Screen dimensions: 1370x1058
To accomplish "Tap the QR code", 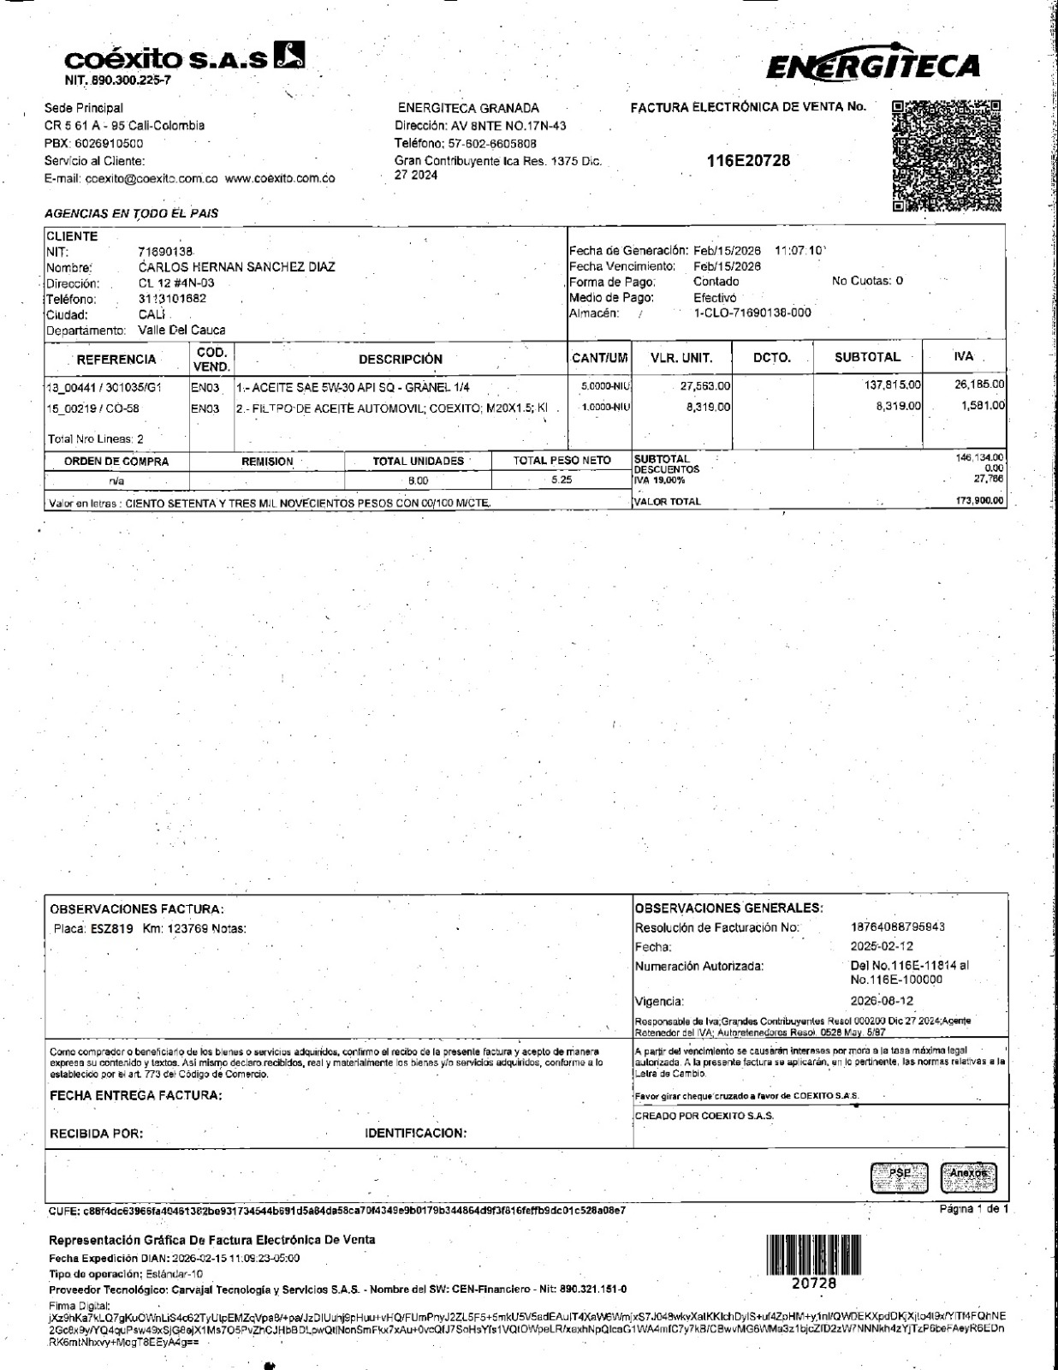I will tap(946, 156).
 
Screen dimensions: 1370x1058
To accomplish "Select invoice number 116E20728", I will tap(748, 161).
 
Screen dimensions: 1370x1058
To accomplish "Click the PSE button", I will tap(899, 1177).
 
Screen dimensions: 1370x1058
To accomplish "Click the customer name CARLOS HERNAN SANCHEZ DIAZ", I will tap(236, 267).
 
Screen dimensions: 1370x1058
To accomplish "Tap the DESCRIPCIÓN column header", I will tap(401, 360).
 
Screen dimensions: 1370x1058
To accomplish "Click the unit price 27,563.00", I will tap(705, 387).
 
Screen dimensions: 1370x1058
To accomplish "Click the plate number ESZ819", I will tap(111, 928).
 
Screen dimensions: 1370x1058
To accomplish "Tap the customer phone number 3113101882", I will tap(172, 300).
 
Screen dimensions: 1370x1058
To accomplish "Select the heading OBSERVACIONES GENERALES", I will tap(729, 908).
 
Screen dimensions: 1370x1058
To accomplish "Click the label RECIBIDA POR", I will tap(96, 1134).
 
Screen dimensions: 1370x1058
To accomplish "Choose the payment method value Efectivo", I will tap(714, 298).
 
